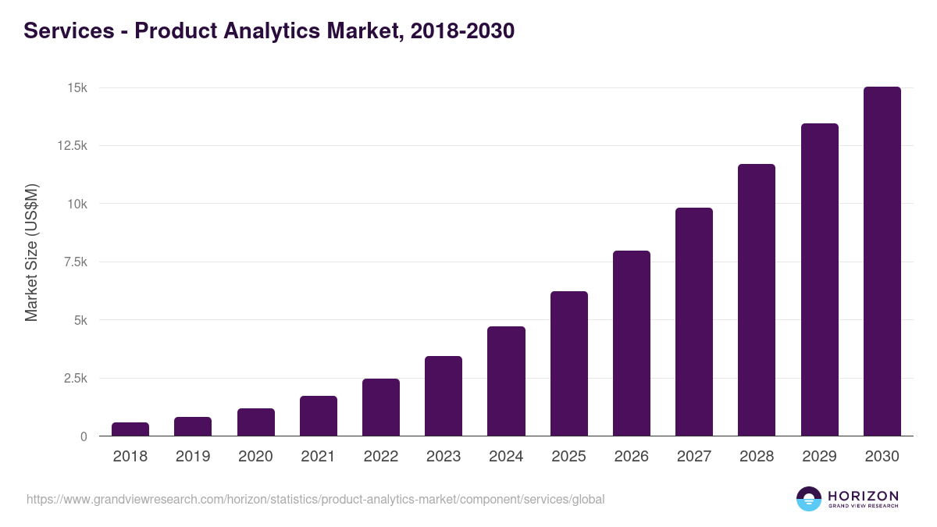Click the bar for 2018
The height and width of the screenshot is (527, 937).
tap(130, 429)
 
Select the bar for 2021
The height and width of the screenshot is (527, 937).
tap(319, 415)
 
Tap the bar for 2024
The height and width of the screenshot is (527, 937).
tap(506, 381)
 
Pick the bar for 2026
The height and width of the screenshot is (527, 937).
tap(632, 343)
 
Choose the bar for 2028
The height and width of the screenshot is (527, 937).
tap(757, 300)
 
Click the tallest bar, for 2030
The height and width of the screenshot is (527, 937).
tap(882, 261)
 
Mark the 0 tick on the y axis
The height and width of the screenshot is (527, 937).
tap(83, 436)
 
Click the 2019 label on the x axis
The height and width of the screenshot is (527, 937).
tap(193, 457)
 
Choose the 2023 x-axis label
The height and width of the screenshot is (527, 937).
tap(444, 457)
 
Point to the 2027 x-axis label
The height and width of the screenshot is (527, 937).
tap(694, 457)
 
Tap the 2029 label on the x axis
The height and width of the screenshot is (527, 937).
tap(819, 457)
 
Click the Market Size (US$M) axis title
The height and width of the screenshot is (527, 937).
tap(31, 253)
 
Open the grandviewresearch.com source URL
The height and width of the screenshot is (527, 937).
tap(315, 499)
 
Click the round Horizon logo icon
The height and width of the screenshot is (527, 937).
tap(809, 499)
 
